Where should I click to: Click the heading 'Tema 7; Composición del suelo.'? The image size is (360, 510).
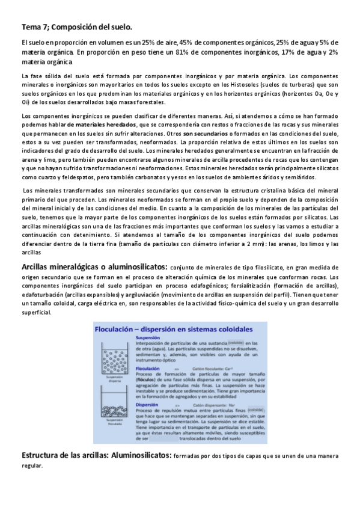pyautogui.click(x=76, y=28)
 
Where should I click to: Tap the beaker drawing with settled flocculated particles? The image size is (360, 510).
pyautogui.click(x=117, y=399)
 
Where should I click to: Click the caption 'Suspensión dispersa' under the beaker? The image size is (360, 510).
pyautogui.click(x=117, y=381)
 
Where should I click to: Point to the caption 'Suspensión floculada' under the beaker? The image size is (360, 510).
pyautogui.click(x=117, y=420)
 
